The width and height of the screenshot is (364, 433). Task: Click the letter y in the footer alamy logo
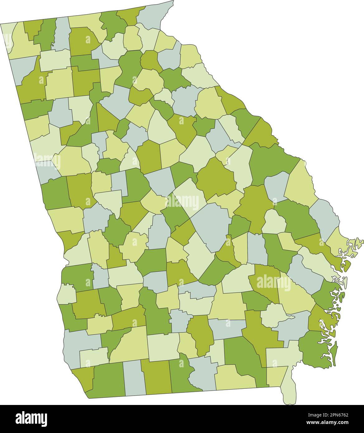[45, 418]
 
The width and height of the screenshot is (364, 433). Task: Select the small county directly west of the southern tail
[276, 377]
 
